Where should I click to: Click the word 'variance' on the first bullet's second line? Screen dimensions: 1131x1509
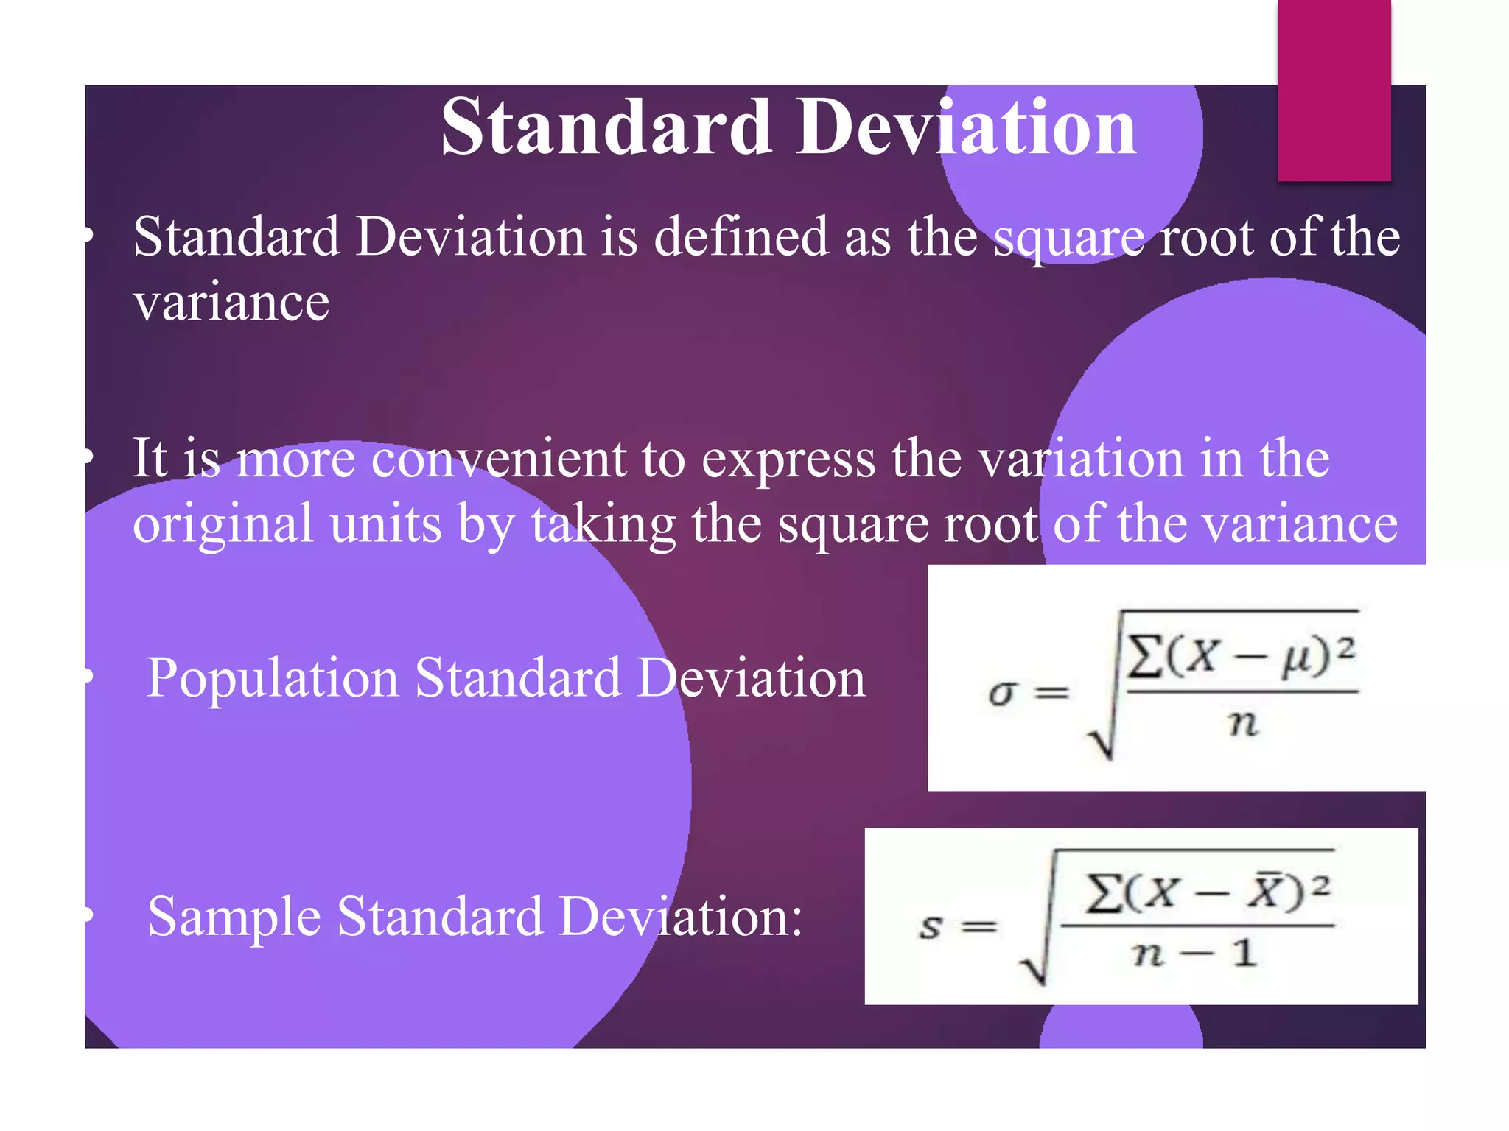[231, 303]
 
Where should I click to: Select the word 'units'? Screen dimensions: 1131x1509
[385, 524]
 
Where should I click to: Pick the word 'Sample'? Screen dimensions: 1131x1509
[234, 917]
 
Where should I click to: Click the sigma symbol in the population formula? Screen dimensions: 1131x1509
[1003, 693]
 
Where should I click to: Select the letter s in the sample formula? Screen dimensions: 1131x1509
[931, 926]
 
